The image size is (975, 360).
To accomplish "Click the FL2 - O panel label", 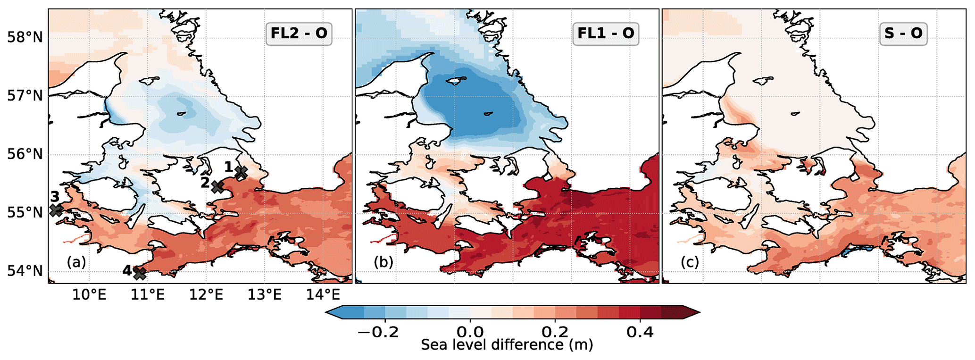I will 299,33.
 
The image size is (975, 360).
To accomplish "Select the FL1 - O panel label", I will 606,33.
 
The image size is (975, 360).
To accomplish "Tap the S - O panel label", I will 903,33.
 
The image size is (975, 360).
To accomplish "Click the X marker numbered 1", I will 241,173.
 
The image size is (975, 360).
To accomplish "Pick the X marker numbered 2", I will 217,186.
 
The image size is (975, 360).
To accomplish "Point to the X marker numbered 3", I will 56,210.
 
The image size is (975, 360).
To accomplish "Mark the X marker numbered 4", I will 139,273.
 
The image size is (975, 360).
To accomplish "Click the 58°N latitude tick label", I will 25,37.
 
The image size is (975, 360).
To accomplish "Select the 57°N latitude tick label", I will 25,96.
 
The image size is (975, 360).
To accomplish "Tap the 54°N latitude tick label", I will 25,271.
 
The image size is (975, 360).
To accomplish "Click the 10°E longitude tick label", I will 90,295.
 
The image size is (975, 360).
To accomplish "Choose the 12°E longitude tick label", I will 206,295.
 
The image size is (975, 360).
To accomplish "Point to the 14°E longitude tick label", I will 323,295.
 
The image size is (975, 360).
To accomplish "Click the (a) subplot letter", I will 76,262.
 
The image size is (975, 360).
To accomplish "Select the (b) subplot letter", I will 383,262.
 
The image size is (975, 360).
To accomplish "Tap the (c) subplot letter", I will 690,262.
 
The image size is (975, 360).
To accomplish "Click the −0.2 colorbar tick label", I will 378,332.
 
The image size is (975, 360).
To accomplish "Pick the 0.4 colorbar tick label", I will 640,332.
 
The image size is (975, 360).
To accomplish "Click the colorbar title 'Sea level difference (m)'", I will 507,345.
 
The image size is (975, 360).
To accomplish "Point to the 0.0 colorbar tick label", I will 470,332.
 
